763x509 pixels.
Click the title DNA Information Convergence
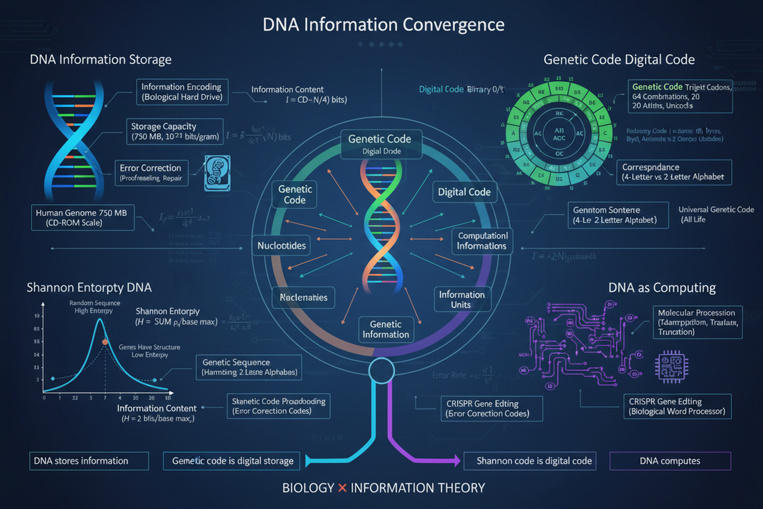(x=384, y=25)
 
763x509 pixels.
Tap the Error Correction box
(x=151, y=173)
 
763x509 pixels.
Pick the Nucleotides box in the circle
(x=282, y=246)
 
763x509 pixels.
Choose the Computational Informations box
(x=482, y=240)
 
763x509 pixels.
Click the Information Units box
(x=461, y=299)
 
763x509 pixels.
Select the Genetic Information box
(x=386, y=329)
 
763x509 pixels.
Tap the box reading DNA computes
(x=669, y=461)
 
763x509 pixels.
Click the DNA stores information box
(x=89, y=461)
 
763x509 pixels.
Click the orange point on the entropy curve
(x=105, y=342)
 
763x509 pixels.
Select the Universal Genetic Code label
(x=715, y=214)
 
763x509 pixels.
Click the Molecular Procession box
(x=698, y=322)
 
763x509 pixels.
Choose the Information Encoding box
(x=180, y=92)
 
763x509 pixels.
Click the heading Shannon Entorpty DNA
(x=89, y=287)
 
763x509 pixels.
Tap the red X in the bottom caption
(x=342, y=487)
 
